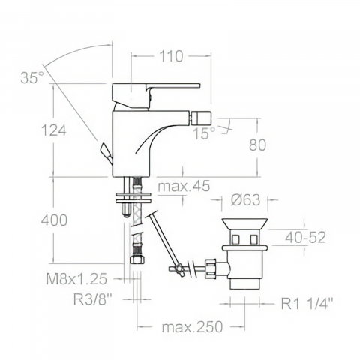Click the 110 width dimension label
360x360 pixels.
click(171, 56)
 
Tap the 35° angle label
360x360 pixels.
click(32, 77)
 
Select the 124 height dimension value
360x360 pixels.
click(54, 130)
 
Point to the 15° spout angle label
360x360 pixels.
click(204, 133)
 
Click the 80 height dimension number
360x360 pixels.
click(257, 145)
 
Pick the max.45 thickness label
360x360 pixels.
click(184, 186)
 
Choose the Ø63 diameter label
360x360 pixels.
click(245, 200)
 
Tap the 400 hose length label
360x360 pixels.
click(54, 220)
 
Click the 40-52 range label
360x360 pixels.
click(305, 237)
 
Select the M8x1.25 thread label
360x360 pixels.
click(76, 279)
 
